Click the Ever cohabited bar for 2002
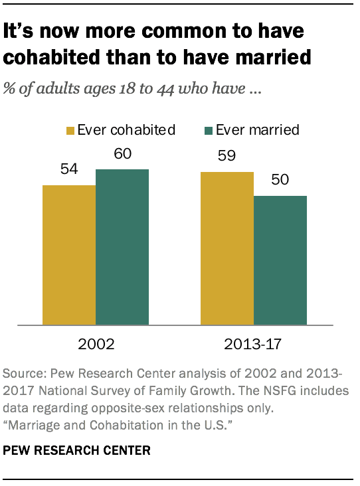coord(69,255)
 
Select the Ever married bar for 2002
coord(122,247)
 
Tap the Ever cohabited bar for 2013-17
coord(228,248)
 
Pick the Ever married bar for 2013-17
coord(280,260)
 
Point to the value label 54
coord(69,169)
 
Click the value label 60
coord(122,154)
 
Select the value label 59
coord(228,157)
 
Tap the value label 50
coord(280,181)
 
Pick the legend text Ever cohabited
coord(126,129)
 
